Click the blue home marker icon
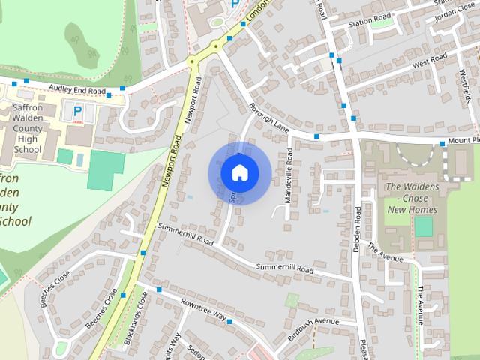click(239, 173)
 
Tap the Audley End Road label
click(76, 89)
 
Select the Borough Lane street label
click(270, 118)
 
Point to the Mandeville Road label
click(289, 175)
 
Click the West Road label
click(429, 59)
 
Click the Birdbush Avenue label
click(314, 325)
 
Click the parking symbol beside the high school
click(77, 112)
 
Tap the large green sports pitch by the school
click(106, 170)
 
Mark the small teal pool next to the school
click(66, 157)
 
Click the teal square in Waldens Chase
click(424, 226)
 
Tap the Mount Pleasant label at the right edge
click(464, 140)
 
